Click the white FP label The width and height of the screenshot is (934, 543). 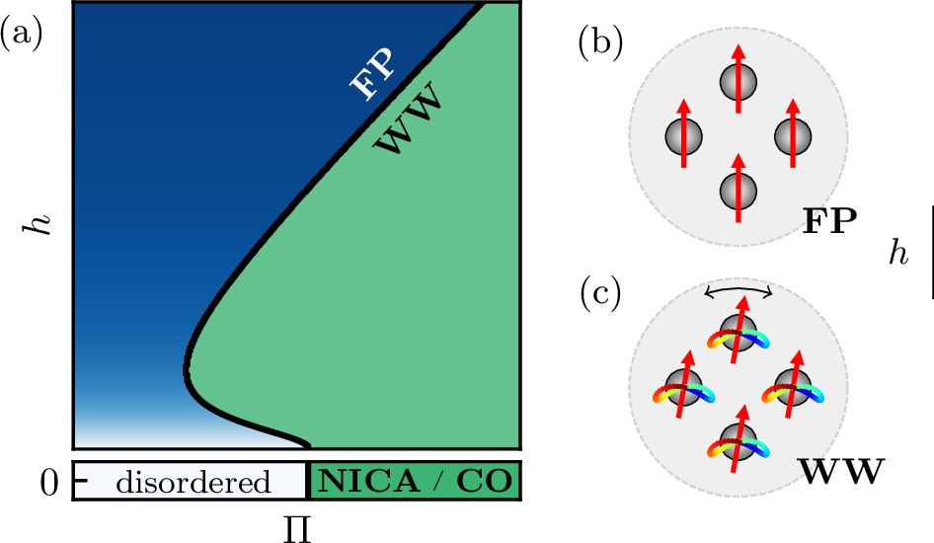coord(372,75)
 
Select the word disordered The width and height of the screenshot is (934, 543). coord(193,482)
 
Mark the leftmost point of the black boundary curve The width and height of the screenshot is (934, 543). coord(186,370)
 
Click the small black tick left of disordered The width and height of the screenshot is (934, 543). coord(81,481)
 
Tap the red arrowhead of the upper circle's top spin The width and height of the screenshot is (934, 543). coord(738,52)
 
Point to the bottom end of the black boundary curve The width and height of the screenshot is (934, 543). coord(309,446)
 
